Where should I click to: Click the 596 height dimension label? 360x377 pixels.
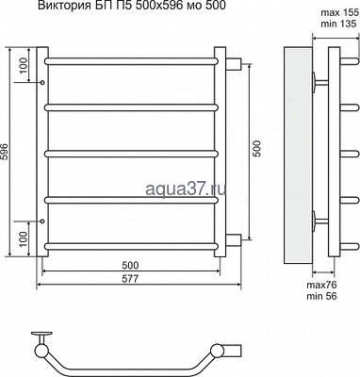5,153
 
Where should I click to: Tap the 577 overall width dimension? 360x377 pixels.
130,279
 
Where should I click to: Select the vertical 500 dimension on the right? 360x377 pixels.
257,150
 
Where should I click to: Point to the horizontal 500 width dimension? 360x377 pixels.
130,266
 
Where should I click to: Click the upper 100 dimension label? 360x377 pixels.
25,65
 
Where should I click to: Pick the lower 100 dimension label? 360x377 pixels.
25,238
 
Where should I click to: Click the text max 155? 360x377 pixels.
339,13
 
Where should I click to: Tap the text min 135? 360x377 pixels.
339,24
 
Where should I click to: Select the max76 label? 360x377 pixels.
321,286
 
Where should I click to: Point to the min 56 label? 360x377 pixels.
321,296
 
